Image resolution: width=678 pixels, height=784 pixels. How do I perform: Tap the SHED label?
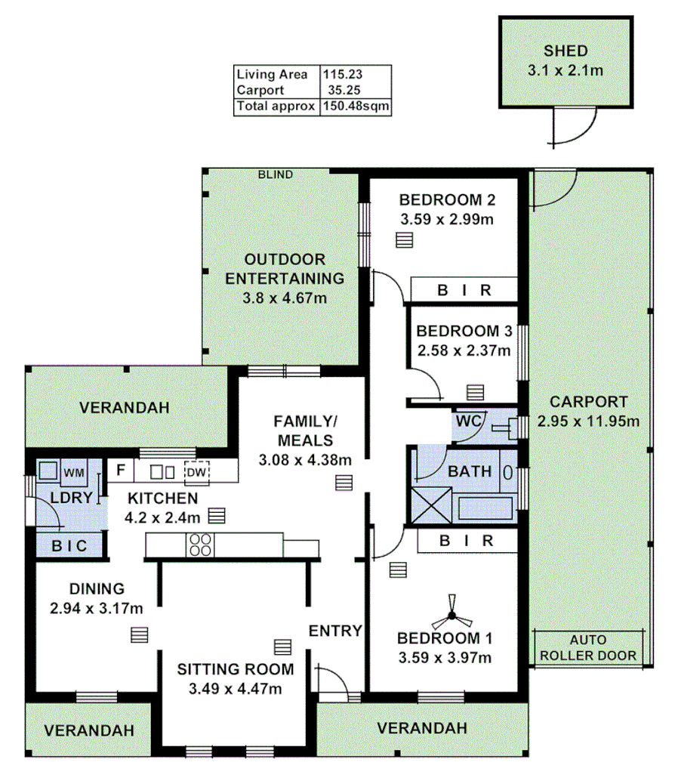pos(566,52)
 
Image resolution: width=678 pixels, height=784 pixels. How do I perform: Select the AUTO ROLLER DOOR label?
pos(587,649)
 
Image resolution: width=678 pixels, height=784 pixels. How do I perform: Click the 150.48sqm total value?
pos(356,106)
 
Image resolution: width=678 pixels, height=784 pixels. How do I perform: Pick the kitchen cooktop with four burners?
pos(201,545)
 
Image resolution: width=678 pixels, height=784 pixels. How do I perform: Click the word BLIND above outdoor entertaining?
pos(275,175)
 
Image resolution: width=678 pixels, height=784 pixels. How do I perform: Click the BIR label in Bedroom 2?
pos(466,290)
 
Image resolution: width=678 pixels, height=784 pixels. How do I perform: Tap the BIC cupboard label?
pos(69,545)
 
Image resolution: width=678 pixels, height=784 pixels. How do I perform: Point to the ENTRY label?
pos(336,631)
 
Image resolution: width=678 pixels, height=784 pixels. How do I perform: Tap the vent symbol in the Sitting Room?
pos(282,647)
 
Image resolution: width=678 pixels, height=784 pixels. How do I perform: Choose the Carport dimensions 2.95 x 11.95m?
pos(588,421)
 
